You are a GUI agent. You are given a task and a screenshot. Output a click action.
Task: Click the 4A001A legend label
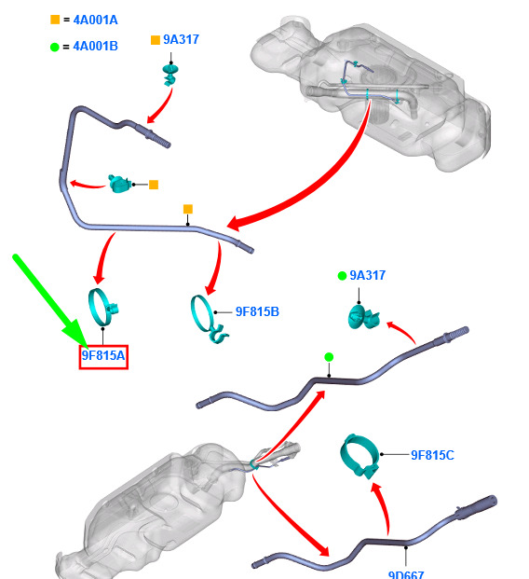click(x=96, y=20)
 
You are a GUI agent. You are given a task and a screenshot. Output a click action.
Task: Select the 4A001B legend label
click(x=96, y=47)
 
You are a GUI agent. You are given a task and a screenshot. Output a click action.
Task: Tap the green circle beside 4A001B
click(x=55, y=47)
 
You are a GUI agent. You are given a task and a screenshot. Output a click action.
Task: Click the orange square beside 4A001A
click(x=55, y=20)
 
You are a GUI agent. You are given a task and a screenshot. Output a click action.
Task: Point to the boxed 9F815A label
click(x=103, y=356)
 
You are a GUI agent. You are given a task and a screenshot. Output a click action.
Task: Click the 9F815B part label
click(x=257, y=311)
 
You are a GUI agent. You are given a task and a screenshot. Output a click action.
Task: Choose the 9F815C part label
click(x=432, y=455)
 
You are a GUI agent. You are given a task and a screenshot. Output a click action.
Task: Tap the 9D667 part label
click(x=406, y=574)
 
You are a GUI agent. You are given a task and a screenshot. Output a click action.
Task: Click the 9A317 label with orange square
click(x=181, y=39)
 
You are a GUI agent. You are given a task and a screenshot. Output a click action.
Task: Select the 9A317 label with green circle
click(x=368, y=275)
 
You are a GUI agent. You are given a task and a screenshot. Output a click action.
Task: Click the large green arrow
click(x=50, y=301)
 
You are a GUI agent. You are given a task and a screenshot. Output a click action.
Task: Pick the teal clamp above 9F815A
click(x=102, y=308)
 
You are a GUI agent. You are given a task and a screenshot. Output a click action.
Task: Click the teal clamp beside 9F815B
click(x=208, y=319)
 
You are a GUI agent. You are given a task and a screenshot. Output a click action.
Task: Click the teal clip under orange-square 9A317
click(x=170, y=75)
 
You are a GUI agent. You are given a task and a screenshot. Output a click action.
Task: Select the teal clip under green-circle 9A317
click(x=363, y=318)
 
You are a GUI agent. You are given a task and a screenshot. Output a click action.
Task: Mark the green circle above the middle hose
click(x=329, y=357)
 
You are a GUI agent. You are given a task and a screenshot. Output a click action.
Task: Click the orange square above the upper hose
click(x=188, y=209)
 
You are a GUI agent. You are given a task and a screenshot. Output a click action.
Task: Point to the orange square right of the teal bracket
click(x=154, y=185)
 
